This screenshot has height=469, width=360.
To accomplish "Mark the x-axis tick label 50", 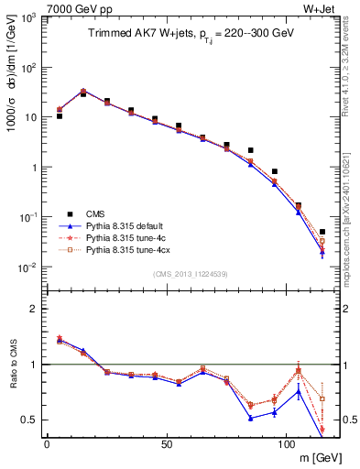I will click(x=166, y=442).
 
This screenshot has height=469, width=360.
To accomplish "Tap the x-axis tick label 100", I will click(x=286, y=442).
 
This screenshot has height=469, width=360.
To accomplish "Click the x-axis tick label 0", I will click(x=47, y=442).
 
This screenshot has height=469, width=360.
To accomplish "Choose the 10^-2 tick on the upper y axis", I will click(x=27, y=267).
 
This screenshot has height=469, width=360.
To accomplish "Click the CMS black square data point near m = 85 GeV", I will click(x=250, y=150).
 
